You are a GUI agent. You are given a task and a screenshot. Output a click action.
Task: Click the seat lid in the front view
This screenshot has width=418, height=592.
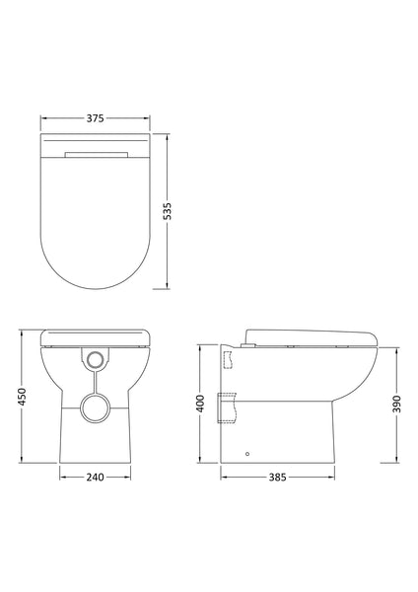pyautogui.click(x=97, y=336)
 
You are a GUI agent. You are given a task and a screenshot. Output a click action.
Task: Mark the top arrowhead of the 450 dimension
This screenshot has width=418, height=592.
pyautogui.click(x=21, y=331)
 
